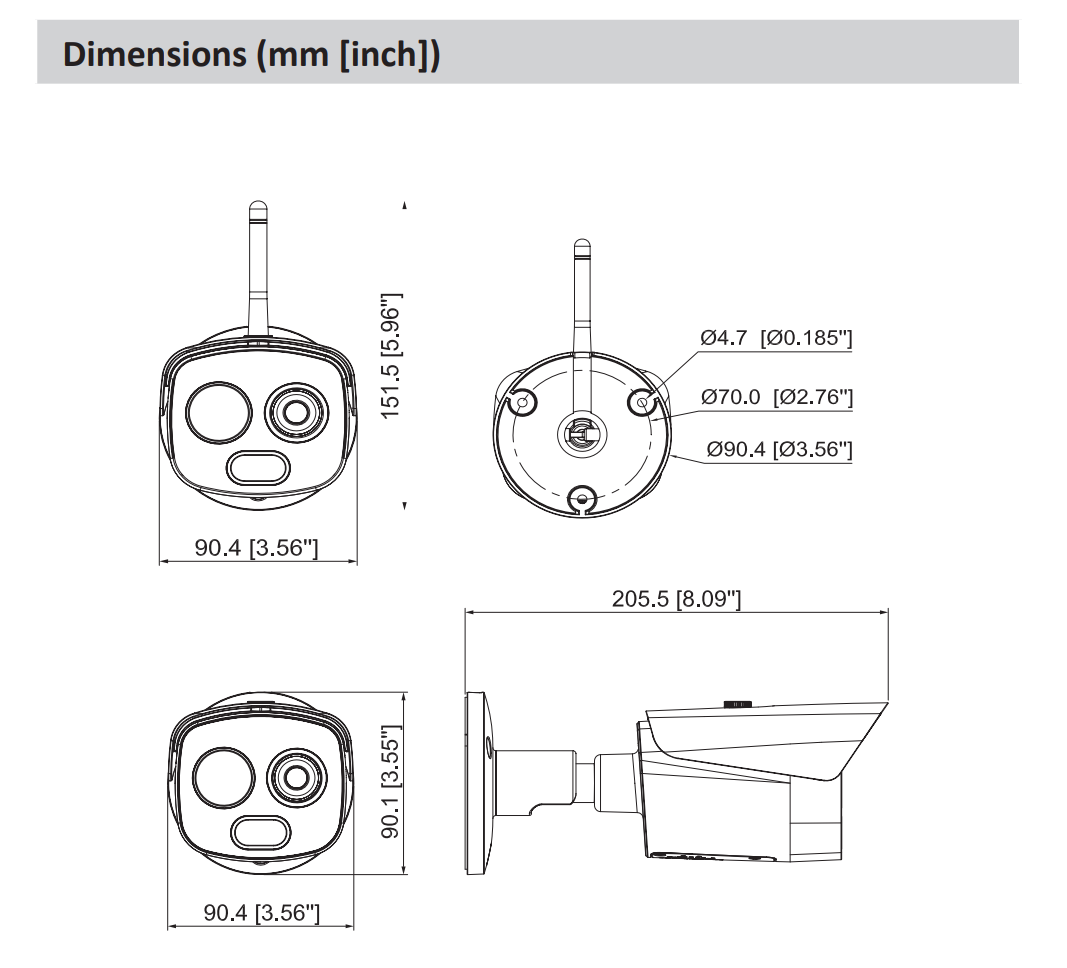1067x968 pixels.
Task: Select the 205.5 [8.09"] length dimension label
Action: pyautogui.click(x=676, y=599)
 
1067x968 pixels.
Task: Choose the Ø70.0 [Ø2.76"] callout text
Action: pyautogui.click(x=777, y=397)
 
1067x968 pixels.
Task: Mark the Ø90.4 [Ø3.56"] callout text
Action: pyautogui.click(x=777, y=449)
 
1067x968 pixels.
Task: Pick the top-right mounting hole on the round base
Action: pyautogui.click(x=643, y=402)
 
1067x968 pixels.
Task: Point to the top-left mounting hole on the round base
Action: pyautogui.click(x=521, y=402)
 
